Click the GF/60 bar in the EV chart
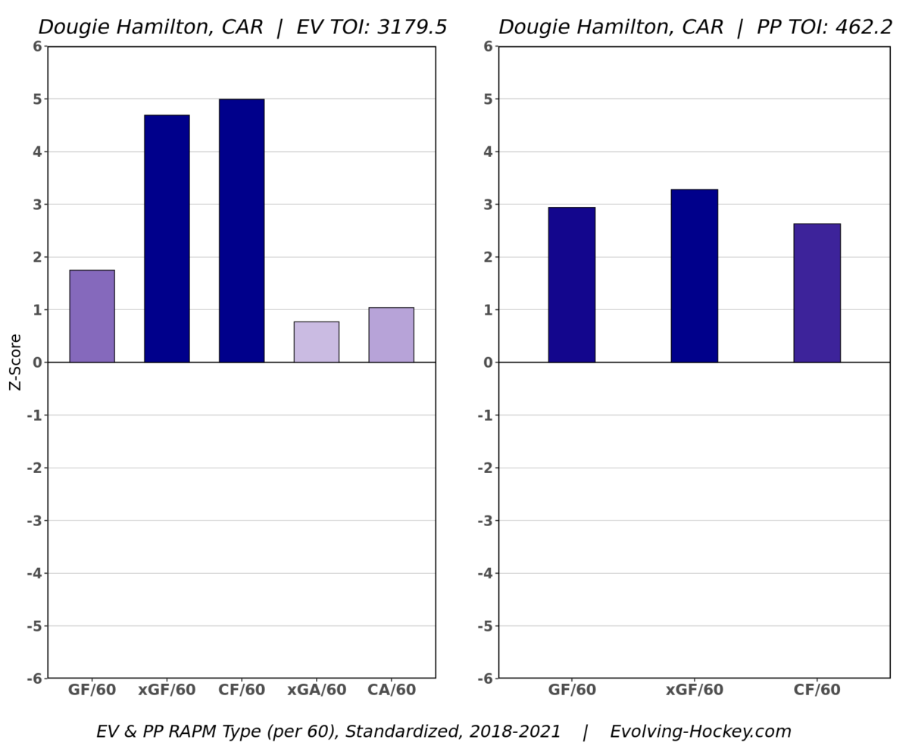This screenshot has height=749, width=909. (92, 316)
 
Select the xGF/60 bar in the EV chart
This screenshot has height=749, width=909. (167, 239)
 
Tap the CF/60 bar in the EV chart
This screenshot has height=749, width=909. (242, 230)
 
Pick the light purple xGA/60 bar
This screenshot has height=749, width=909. (317, 342)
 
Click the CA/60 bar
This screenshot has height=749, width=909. (391, 335)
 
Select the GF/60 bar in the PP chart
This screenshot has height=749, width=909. (572, 285)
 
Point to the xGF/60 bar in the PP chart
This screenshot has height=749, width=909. (694, 276)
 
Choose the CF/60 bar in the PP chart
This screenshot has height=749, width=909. (817, 293)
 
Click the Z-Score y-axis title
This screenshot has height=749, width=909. (15, 362)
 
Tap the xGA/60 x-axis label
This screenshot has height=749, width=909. (317, 691)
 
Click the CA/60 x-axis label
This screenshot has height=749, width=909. (391, 691)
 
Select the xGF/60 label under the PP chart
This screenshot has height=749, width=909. (694, 691)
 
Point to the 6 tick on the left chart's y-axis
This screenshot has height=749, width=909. (37, 46)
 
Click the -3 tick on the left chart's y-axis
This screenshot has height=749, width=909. (34, 521)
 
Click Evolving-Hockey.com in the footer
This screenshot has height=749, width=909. (700, 732)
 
